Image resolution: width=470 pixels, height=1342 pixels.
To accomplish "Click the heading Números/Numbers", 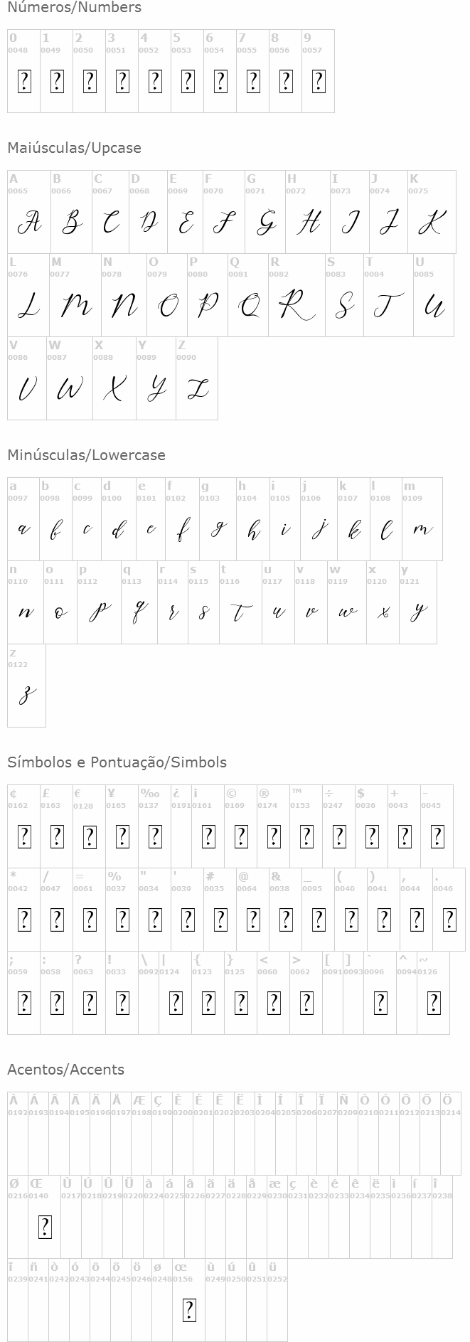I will click(74, 8).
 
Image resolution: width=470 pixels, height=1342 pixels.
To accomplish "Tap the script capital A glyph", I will click(28, 223).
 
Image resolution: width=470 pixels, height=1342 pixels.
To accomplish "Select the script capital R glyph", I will click(296, 307).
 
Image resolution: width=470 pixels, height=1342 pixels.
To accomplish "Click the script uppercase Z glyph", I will click(197, 389).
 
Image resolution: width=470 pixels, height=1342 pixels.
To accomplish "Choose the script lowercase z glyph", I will click(27, 695).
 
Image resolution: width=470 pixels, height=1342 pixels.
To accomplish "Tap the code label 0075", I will click(418, 191).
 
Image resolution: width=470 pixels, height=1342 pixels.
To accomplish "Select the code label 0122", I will click(18, 664).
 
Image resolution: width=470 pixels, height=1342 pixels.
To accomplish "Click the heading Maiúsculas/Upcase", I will click(74, 148).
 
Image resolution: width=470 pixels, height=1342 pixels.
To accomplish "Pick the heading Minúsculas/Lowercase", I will click(86, 455).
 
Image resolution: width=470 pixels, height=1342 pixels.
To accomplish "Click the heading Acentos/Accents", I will click(65, 1070).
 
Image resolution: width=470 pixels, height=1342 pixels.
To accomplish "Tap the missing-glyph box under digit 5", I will click(187, 82).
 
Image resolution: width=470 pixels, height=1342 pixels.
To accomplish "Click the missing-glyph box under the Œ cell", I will click(45, 1227).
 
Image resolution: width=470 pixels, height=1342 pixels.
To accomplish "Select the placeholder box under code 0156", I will click(189, 1310).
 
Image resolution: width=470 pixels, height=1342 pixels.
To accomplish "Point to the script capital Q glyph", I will click(249, 307).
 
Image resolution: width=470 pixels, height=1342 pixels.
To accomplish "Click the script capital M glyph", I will click(75, 307).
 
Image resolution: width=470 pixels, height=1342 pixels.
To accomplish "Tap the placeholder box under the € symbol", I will click(90, 837).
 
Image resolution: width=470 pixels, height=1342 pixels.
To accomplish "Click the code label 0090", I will click(186, 357).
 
